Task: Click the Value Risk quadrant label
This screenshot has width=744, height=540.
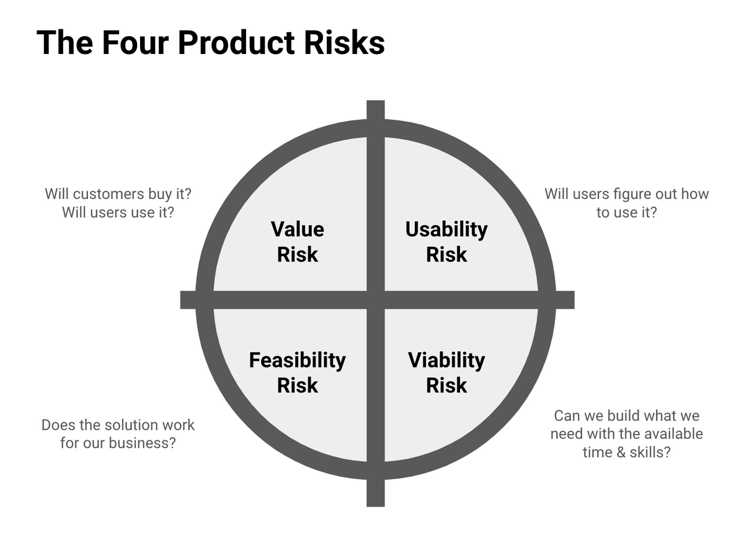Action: coord(298,242)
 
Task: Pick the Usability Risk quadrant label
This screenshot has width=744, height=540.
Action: coord(446,242)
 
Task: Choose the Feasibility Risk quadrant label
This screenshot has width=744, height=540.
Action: coord(298,372)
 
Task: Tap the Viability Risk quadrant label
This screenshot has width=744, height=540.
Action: coord(446,372)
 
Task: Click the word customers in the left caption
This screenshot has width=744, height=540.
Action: coord(108,193)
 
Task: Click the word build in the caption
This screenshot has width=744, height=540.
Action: coord(620,415)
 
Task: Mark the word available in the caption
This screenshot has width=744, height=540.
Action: coord(671,433)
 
